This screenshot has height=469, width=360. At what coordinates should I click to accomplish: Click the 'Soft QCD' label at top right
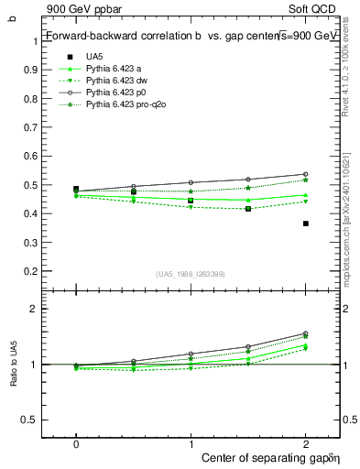click(317, 9)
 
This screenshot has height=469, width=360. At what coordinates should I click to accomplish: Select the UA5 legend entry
click(94, 56)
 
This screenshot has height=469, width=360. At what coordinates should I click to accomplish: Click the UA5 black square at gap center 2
click(305, 224)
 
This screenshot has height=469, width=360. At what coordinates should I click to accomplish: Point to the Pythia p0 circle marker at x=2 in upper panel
click(305, 174)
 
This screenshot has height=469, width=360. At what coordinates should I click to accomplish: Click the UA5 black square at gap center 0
click(76, 190)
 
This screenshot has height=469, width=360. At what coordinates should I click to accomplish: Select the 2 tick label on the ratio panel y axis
click(35, 310)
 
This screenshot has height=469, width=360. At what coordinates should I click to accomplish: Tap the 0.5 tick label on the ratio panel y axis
click(31, 420)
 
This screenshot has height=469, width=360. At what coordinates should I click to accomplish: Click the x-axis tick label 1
click(191, 443)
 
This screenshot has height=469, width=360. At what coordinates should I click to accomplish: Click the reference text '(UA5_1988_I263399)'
click(191, 274)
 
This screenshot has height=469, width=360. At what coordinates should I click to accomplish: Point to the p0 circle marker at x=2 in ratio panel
click(305, 333)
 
